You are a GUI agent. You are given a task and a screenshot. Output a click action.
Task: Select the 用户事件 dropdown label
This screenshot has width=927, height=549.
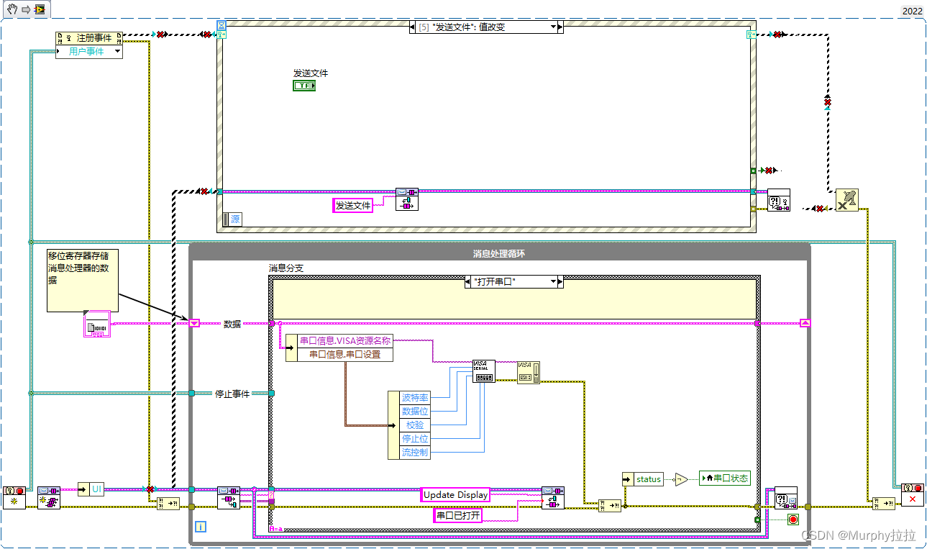(x=86, y=52)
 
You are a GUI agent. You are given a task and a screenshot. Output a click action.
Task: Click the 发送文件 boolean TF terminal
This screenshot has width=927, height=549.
(x=304, y=86)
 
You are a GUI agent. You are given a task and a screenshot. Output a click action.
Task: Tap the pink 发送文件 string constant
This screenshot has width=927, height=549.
(x=353, y=206)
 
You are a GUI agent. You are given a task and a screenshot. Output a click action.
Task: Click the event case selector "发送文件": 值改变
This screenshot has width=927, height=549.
(x=483, y=27)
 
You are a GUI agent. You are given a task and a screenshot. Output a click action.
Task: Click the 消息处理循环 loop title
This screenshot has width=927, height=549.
(x=500, y=253)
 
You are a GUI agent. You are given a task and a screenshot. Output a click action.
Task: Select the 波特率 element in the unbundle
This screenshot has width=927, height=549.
(x=415, y=398)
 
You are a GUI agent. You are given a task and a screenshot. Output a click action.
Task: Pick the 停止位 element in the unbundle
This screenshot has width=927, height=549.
(x=415, y=439)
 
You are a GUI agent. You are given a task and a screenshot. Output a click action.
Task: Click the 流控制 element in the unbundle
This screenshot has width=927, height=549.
(x=415, y=453)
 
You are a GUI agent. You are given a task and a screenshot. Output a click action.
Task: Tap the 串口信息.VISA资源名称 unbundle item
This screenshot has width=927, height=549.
(x=344, y=341)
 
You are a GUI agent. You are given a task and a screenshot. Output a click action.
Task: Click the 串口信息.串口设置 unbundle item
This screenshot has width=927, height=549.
(x=344, y=354)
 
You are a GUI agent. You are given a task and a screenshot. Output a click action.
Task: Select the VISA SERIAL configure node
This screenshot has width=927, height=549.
(x=483, y=371)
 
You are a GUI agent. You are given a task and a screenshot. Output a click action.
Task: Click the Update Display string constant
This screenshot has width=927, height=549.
(x=455, y=495)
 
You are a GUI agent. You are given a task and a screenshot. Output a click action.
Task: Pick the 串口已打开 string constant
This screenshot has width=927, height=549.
(x=457, y=515)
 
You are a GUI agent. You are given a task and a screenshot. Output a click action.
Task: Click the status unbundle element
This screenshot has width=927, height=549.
(x=647, y=479)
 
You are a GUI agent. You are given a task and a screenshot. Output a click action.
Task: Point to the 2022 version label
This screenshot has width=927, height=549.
(x=911, y=11)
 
